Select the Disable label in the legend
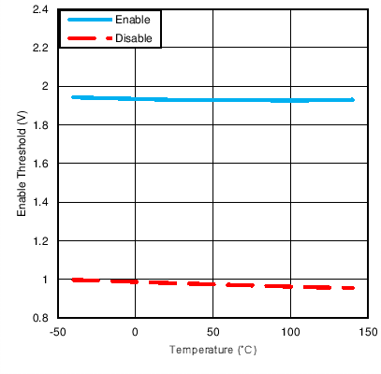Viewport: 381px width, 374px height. (133, 38)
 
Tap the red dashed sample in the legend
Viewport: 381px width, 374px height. (85, 38)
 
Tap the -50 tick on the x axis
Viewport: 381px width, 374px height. (57, 332)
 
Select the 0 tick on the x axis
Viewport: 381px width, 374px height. (135, 332)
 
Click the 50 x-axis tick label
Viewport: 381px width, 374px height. (212, 332)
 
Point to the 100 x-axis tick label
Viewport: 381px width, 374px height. (290, 332)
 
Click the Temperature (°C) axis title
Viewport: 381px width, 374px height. (212, 351)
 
